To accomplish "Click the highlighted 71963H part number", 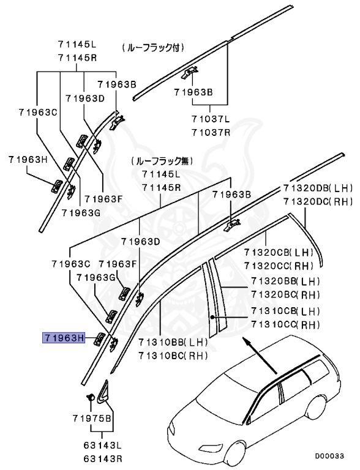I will click(63, 337).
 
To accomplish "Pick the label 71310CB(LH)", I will click(285, 312).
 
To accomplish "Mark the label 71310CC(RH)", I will click(285, 324).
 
